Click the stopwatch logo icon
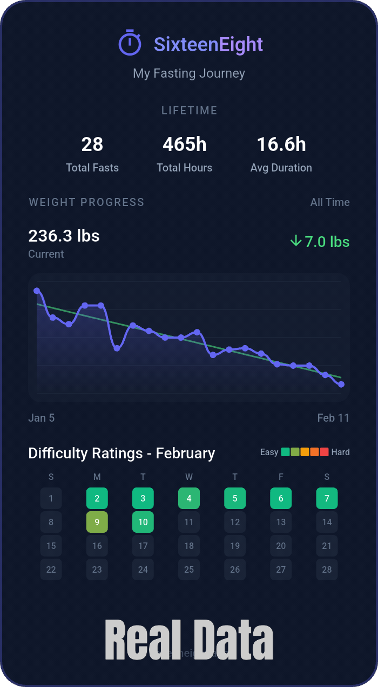130,43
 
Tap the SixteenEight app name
208,44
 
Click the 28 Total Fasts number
92,145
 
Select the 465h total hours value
185,145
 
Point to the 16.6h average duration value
281,145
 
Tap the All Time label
330,202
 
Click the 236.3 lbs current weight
64,236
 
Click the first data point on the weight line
37,291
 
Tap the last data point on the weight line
341,384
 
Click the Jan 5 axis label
42,418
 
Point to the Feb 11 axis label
333,418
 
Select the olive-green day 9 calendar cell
97,522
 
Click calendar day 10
143,522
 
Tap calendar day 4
189,498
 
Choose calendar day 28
327,569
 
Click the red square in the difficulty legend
324,452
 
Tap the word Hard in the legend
341,452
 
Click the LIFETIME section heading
189,111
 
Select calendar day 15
51,546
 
